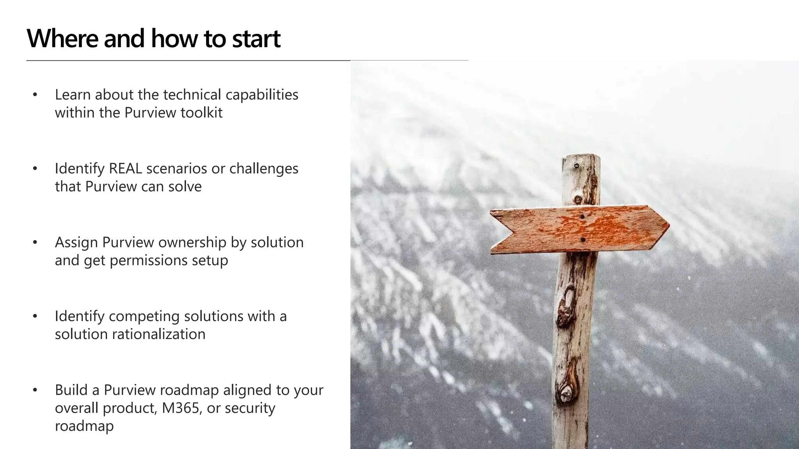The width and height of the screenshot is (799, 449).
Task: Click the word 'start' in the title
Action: (x=256, y=39)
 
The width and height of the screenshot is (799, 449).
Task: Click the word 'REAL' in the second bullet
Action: (x=126, y=169)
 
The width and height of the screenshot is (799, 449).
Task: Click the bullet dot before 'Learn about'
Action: (x=35, y=95)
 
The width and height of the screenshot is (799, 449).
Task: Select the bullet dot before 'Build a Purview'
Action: (x=35, y=390)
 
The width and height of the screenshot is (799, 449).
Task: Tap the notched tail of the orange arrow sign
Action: (x=511, y=231)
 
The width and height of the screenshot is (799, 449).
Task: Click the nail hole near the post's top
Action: (x=577, y=166)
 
